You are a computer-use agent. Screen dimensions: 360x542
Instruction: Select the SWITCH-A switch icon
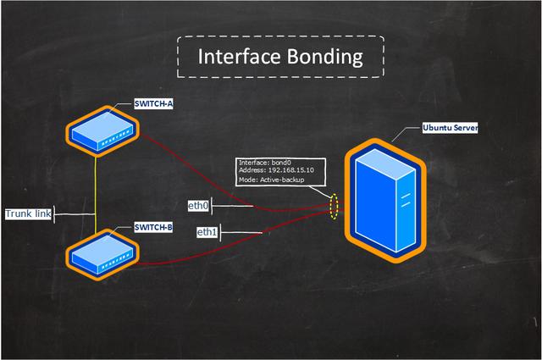pos(102,131)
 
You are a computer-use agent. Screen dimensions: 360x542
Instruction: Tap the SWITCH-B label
pos(154,227)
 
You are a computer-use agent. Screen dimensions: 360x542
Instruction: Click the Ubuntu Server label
pos(451,128)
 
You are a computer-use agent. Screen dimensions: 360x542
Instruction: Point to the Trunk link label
pos(28,214)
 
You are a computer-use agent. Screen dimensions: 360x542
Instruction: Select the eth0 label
pos(197,205)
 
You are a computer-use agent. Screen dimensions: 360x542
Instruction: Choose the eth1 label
pos(207,232)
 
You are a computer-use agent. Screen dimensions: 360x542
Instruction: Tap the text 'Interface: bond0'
pos(265,162)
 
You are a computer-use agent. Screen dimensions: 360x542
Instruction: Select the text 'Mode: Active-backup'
pos(271,180)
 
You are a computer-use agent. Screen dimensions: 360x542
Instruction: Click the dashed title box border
pos(279,36)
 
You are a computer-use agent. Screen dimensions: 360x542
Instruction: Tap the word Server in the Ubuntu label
pos(465,128)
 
